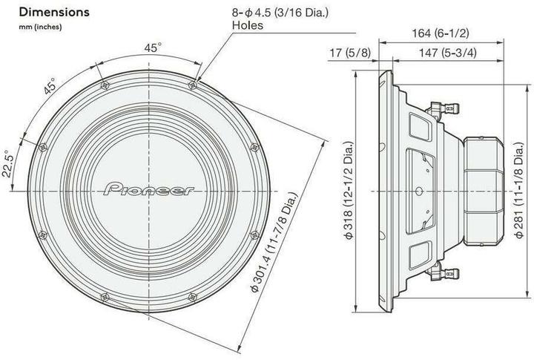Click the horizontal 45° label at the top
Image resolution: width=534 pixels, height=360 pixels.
coord(152,48)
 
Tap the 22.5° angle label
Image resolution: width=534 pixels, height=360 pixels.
coord(7,160)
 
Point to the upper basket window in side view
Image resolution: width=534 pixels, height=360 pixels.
coord(420,122)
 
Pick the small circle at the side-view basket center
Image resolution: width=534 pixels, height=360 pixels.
coord(421,191)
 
